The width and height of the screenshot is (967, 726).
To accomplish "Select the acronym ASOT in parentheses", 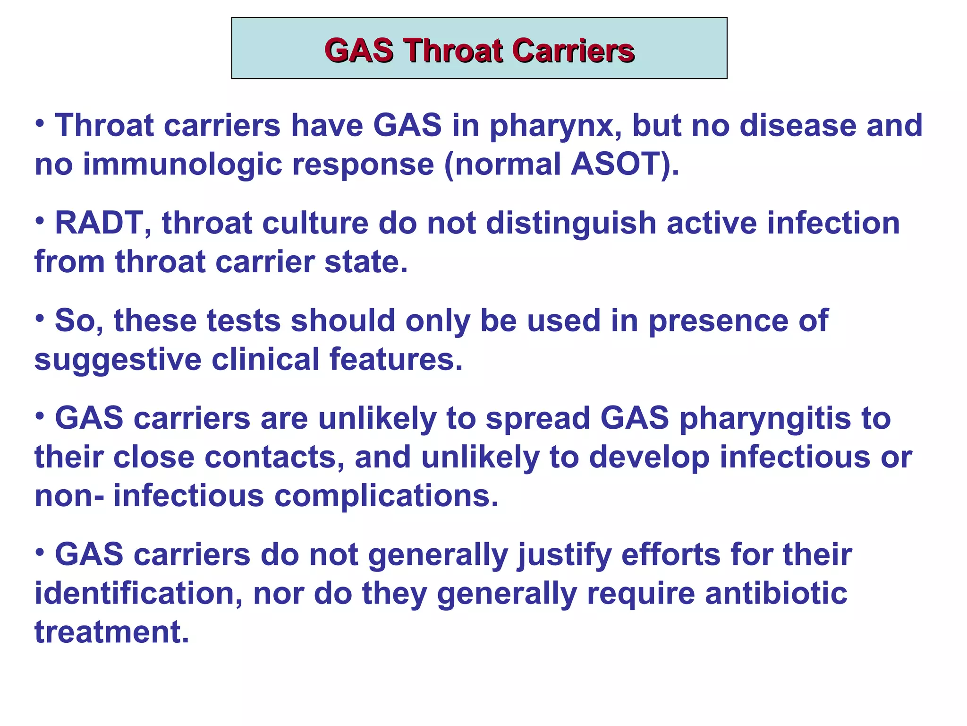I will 615,164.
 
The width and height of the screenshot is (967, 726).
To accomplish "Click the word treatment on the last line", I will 111,632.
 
